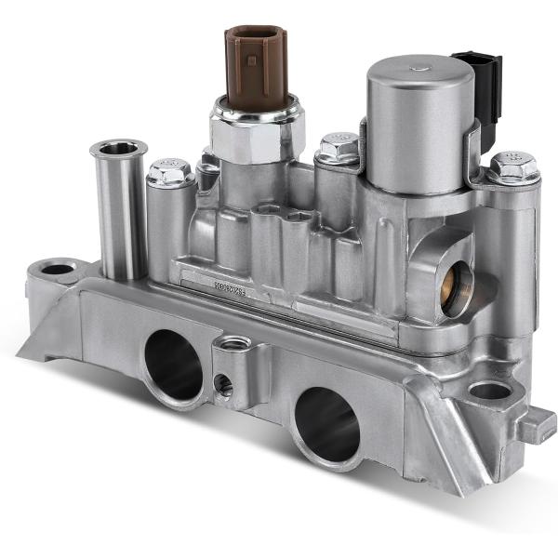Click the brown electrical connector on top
tap(256, 65)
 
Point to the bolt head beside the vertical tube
tap(170, 172)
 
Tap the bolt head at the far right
tap(513, 167)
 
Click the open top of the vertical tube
tap(118, 148)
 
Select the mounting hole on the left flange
tap(58, 270)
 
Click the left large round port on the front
tap(173, 365)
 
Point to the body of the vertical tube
tap(118, 214)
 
